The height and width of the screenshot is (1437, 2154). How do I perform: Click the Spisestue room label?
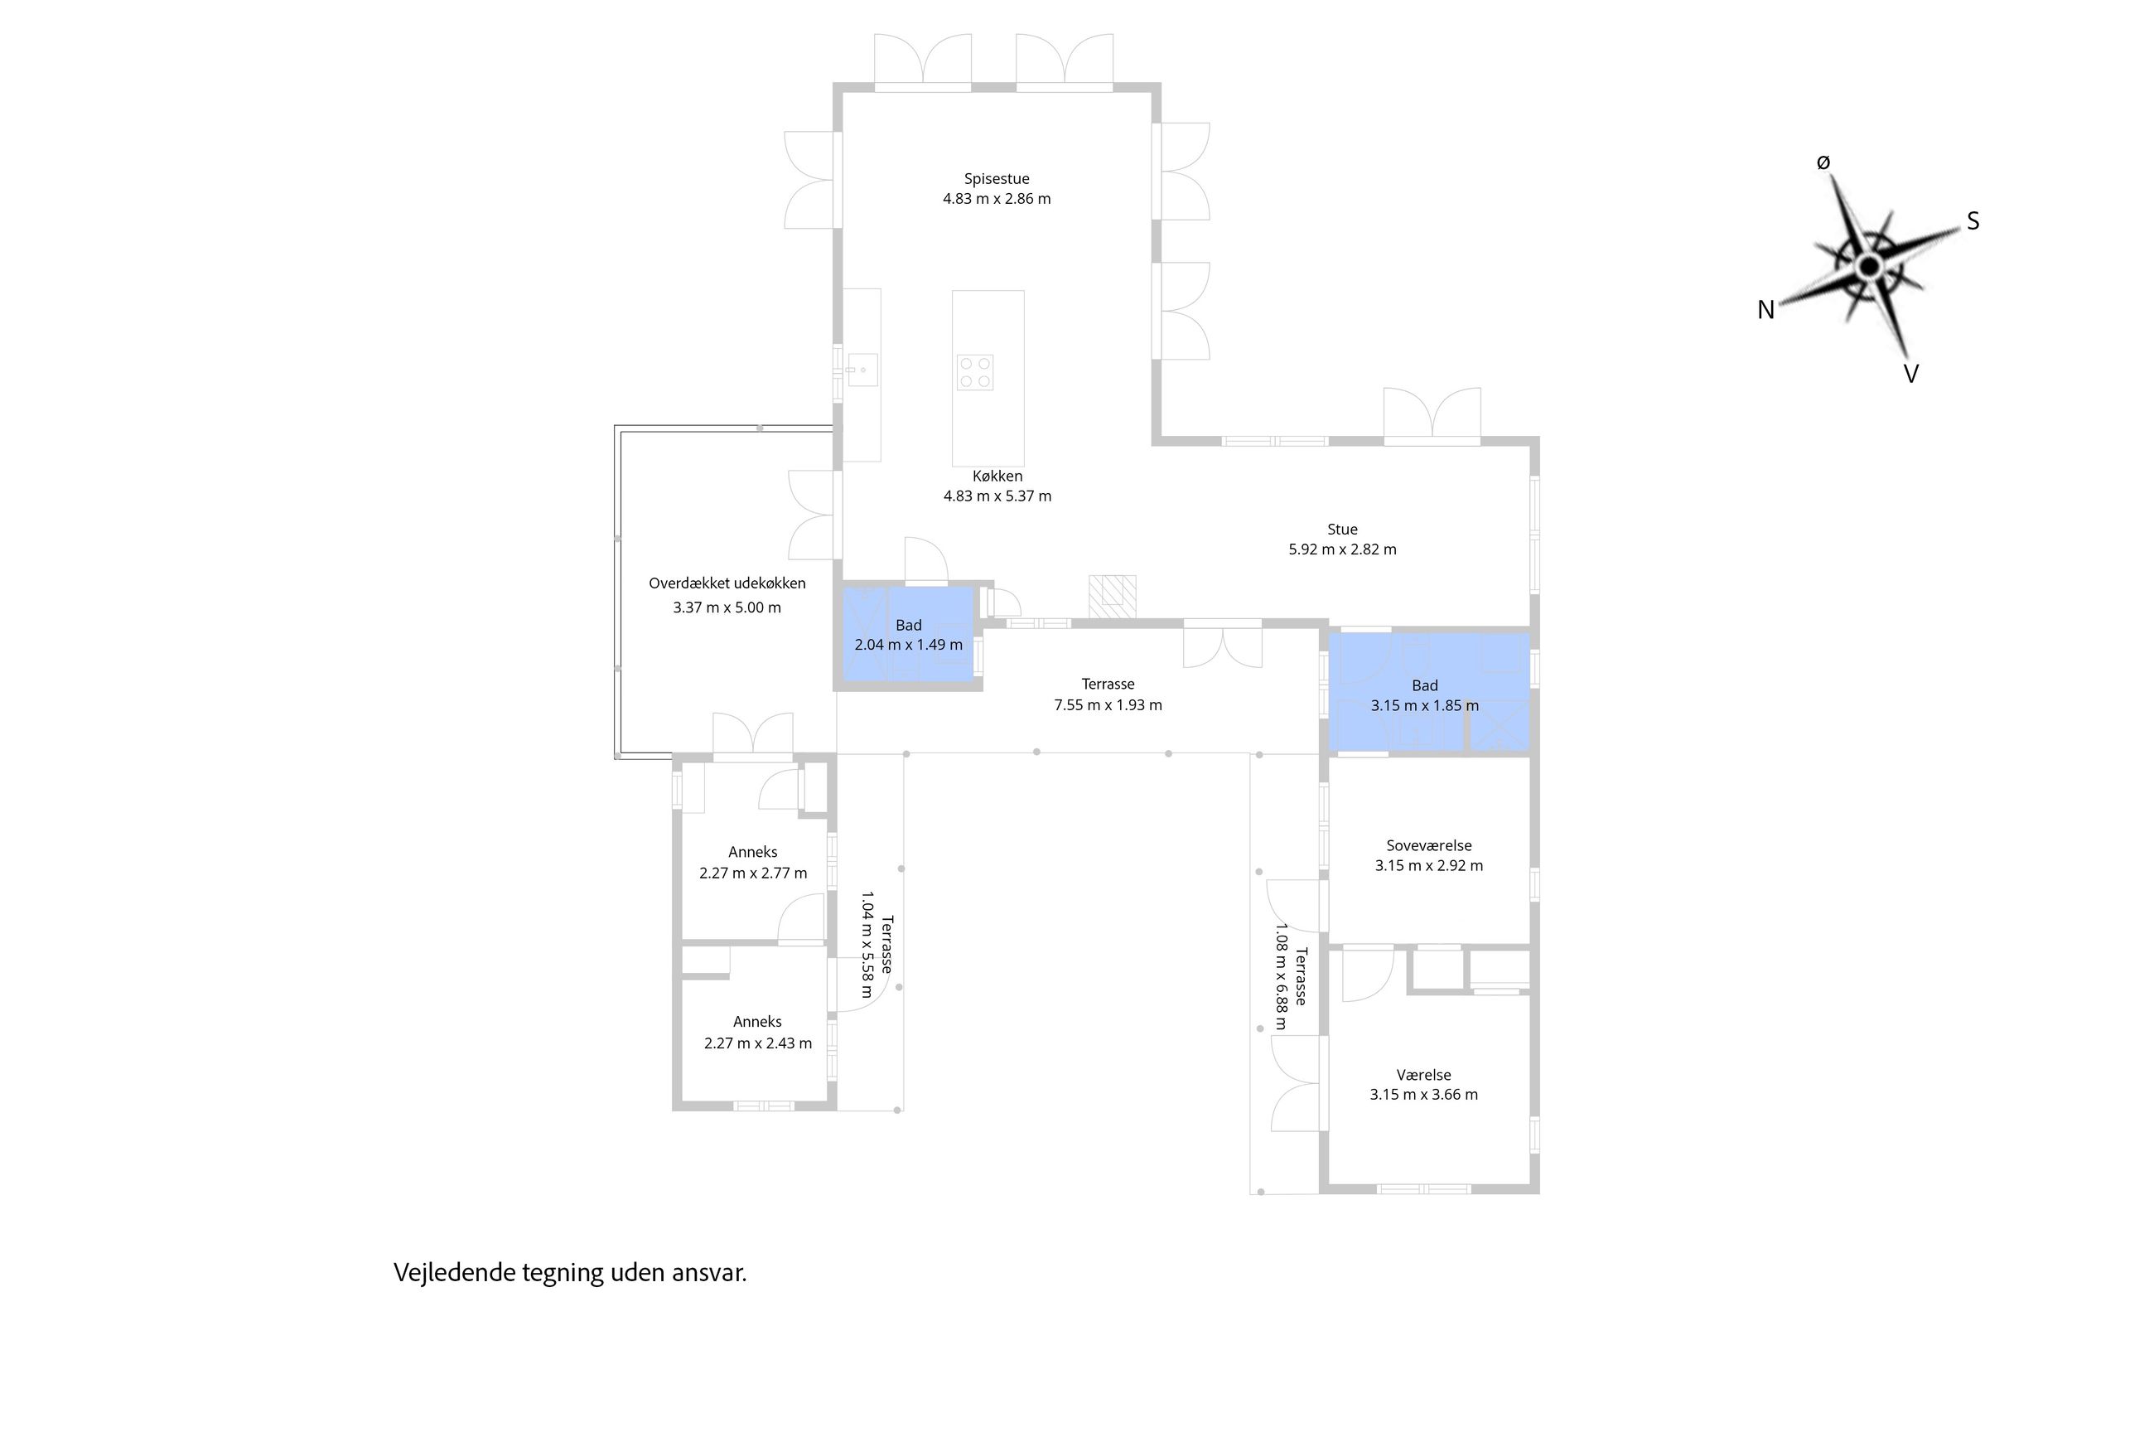996,179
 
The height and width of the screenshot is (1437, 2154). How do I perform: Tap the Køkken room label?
997,476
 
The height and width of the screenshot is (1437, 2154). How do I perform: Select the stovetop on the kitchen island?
974,372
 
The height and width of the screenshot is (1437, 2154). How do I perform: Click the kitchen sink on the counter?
862,370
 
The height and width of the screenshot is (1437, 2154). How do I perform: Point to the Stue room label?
1342,529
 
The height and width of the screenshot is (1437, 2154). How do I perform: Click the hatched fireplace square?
1113,597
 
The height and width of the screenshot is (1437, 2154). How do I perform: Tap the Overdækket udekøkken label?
727,583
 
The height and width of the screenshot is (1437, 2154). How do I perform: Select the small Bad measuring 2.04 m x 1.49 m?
908,634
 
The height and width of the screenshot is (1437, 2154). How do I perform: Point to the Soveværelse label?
1428,846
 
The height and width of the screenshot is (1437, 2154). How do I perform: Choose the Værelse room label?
1424,1075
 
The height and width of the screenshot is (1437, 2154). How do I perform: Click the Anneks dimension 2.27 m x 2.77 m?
753,873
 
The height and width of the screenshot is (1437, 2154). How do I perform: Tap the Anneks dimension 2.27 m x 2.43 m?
758,1043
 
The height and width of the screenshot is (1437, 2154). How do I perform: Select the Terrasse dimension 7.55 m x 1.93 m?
1108,704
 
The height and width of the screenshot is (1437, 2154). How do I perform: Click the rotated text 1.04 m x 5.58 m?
866,944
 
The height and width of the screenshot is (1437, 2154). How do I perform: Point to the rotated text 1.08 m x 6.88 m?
1281,976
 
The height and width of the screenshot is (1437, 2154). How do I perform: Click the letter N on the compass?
1765,310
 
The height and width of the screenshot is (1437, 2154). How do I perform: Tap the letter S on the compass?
1973,221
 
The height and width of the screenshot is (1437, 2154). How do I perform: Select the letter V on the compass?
1910,374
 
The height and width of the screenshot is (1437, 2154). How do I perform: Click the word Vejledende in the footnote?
455,1273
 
